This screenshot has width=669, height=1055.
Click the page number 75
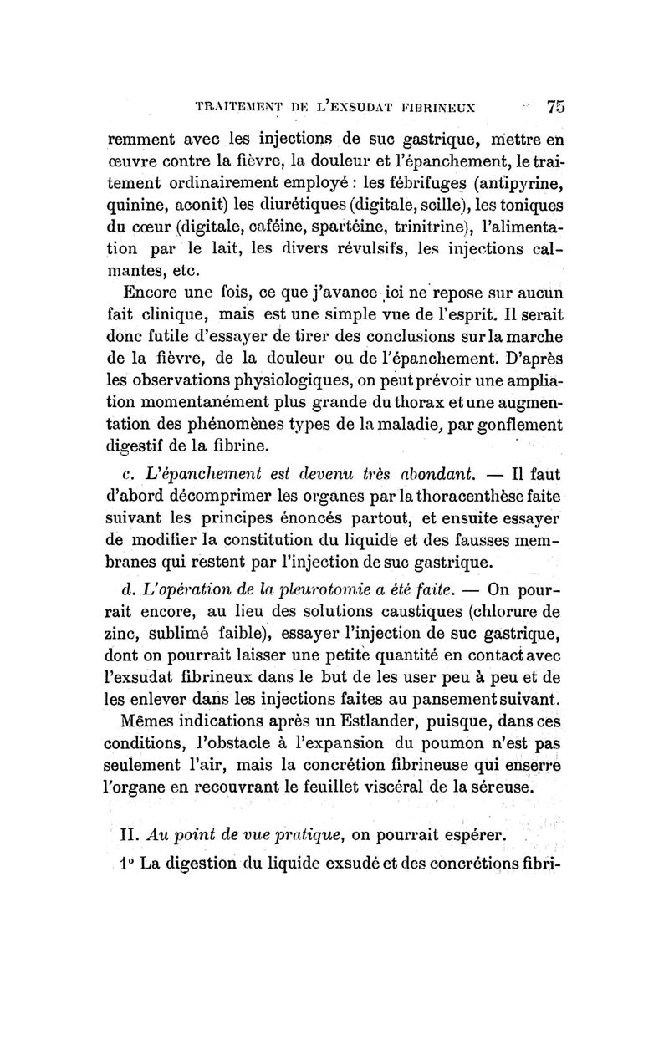555,107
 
